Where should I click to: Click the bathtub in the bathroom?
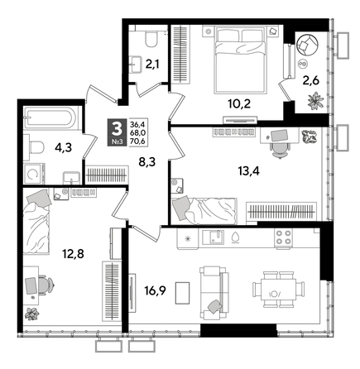coord(50,118)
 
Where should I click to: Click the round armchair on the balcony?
coord(307,44)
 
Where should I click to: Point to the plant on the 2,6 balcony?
coord(315,103)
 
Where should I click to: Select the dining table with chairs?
coord(274,290)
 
